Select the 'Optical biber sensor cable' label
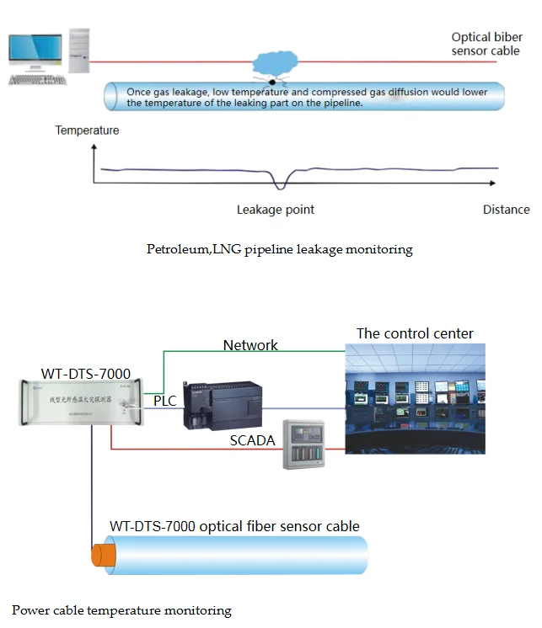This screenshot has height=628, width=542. (x=486, y=44)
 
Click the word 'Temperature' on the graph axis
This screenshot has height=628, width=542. (x=87, y=130)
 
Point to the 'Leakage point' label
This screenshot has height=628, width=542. (x=276, y=210)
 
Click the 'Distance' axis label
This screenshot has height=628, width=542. (x=506, y=210)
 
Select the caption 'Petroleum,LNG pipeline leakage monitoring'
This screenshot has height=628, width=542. (x=279, y=249)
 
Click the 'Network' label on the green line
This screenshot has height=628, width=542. (x=250, y=345)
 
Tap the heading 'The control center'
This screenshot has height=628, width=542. (x=415, y=333)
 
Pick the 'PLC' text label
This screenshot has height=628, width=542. (x=165, y=402)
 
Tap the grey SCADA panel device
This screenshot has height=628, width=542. (x=303, y=444)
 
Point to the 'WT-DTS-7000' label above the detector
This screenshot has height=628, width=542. (x=86, y=373)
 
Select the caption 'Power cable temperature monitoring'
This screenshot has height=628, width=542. (x=121, y=610)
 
